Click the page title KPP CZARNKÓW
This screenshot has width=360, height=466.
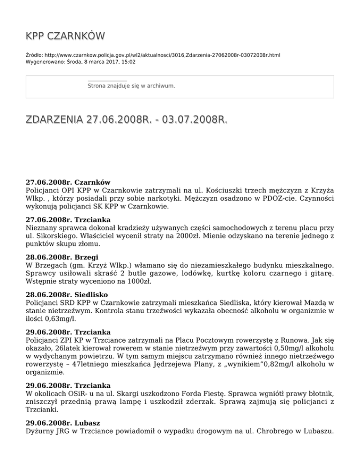[x=65, y=36]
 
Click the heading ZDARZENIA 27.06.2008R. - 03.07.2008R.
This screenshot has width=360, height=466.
[x=126, y=120]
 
